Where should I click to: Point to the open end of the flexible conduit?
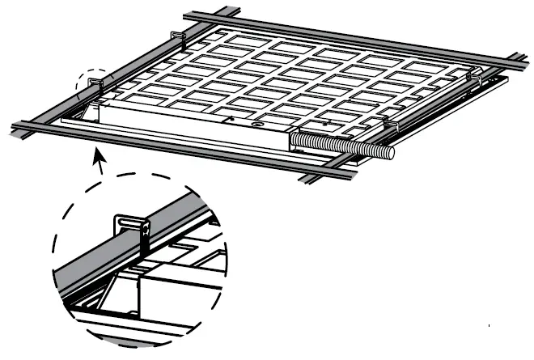391,150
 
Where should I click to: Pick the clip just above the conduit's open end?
387,125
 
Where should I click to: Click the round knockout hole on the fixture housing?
256,125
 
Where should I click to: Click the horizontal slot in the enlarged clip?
130,220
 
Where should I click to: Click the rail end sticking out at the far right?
518,58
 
